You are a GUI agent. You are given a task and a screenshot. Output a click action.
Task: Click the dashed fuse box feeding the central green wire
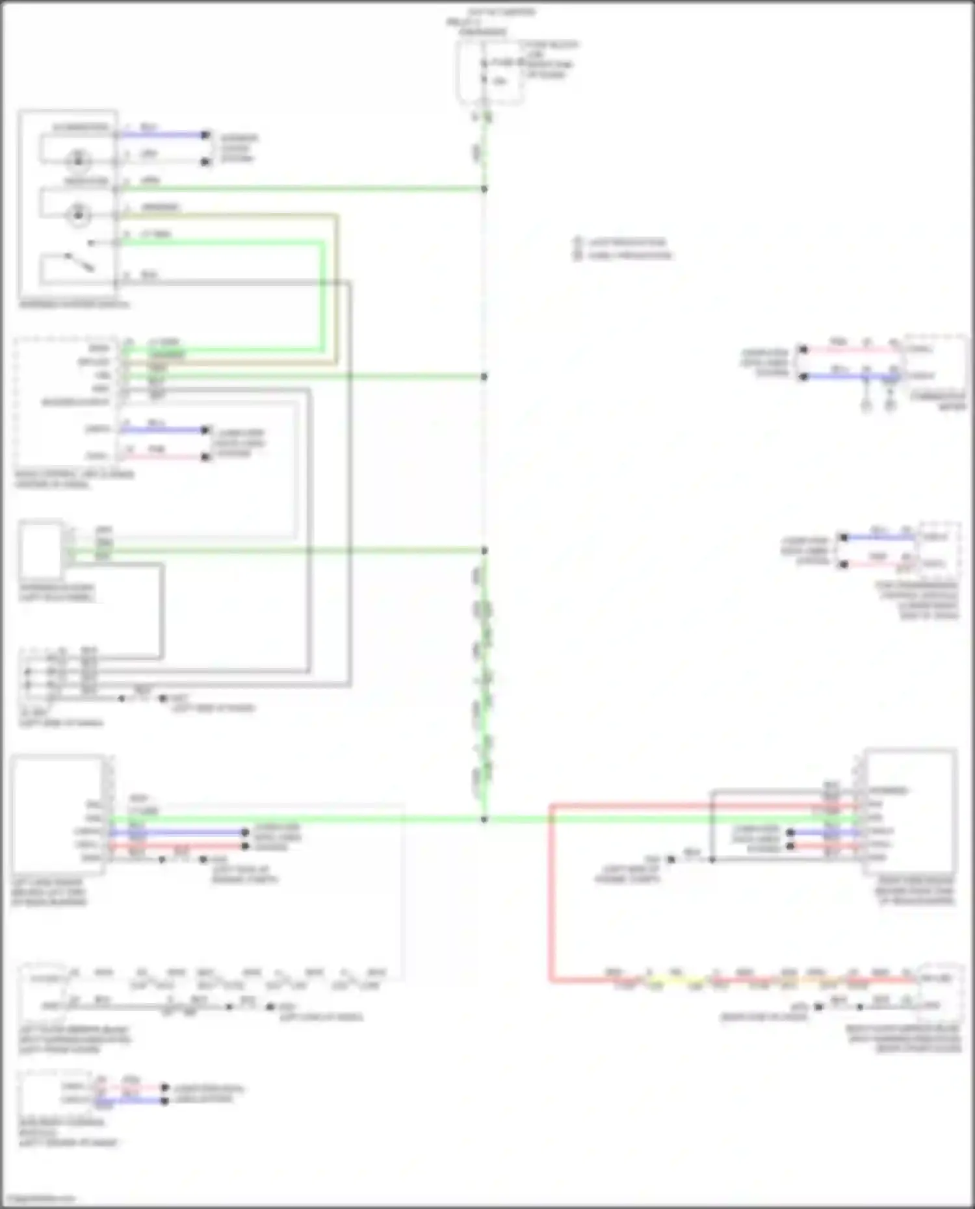489,71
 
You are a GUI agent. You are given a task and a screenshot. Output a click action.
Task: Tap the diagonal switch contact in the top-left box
79,262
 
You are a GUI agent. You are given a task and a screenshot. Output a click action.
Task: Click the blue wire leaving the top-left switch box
162,135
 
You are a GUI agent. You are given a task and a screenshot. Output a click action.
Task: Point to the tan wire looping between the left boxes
336,286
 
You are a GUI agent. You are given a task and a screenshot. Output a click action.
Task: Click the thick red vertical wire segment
551,897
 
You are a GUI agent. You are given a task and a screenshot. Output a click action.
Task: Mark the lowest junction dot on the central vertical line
484,819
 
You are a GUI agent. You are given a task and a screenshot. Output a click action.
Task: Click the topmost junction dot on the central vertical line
484,189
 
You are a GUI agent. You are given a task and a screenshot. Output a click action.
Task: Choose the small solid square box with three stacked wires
40,550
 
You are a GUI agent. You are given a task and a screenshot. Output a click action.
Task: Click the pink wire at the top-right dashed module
851,350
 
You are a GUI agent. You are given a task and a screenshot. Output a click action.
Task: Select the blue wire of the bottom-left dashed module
130,1101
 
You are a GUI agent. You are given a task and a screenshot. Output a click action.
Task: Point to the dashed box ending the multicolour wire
940,991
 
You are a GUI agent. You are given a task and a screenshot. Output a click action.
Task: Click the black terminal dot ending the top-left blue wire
205,135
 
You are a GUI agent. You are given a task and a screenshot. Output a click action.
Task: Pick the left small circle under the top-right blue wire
866,405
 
